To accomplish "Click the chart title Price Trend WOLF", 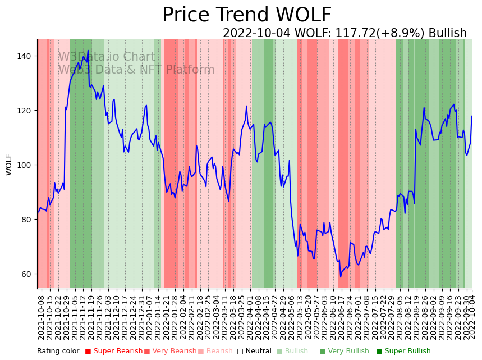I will (247, 15).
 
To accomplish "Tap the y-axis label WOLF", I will (9, 164).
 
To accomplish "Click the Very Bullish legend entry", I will (348, 351).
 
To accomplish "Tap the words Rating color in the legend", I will (58, 351).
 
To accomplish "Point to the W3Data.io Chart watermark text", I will (107, 57).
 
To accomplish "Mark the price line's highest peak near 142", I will (88, 51).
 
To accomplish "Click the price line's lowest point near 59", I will (340, 276).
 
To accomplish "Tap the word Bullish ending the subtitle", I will (447, 33).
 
